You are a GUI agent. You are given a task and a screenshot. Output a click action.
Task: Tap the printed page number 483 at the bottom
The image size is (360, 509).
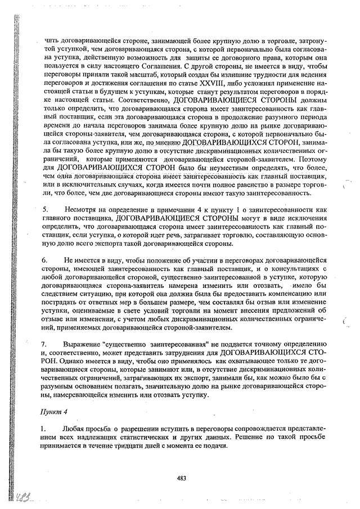[182, 479]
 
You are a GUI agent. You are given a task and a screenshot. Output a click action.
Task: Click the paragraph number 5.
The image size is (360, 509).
[44, 209]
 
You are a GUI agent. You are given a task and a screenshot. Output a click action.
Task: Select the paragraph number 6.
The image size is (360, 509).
[44, 262]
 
